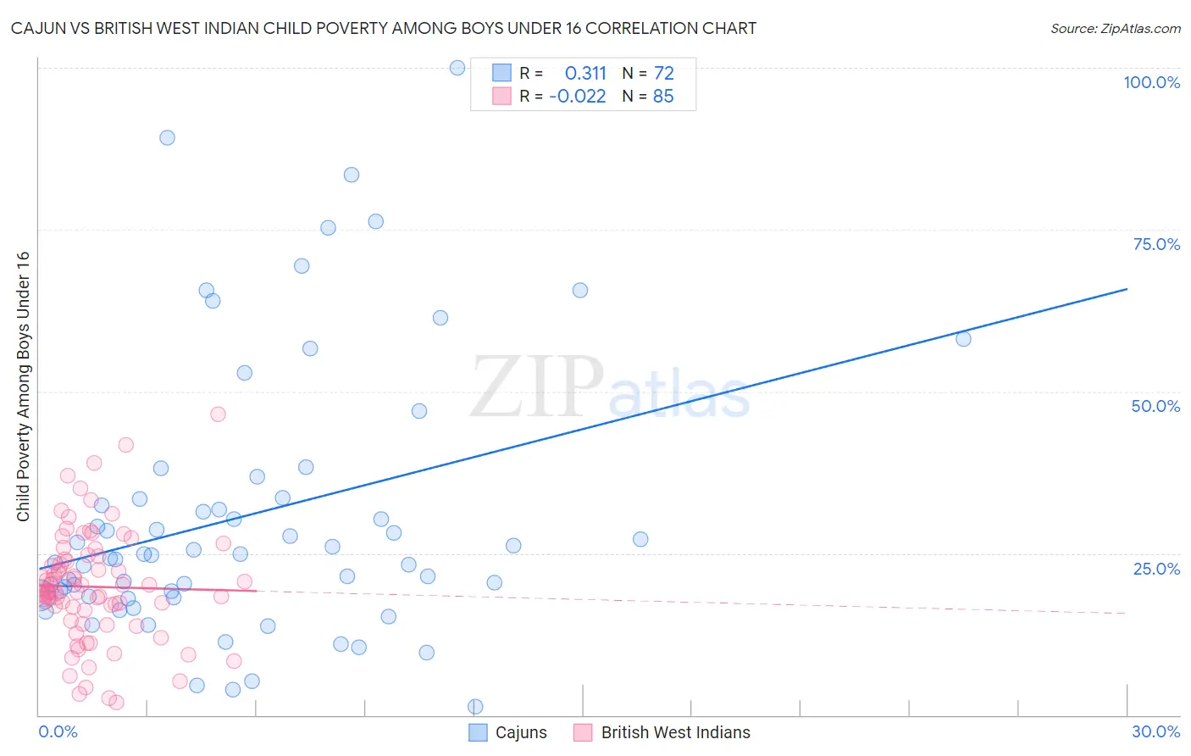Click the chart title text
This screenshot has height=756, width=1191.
(384, 28)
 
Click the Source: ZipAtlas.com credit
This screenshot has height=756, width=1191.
(1115, 28)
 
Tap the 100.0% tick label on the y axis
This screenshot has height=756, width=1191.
(1151, 82)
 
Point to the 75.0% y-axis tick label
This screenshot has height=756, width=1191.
(1156, 244)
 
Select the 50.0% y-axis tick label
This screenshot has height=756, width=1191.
(1155, 406)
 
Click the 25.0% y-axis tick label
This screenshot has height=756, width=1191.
(1156, 569)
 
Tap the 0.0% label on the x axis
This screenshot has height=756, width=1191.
(58, 731)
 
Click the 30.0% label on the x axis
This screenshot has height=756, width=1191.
(1155, 731)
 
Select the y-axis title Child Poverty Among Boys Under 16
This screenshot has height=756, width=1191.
(23, 386)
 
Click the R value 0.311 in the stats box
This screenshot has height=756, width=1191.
(585, 73)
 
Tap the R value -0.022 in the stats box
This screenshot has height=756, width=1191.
(578, 96)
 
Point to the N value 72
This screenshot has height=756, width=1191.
(663, 73)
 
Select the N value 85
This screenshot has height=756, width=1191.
(663, 96)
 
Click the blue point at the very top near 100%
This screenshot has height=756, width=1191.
(457, 68)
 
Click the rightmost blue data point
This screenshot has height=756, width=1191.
(963, 339)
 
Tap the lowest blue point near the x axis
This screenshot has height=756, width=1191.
(475, 707)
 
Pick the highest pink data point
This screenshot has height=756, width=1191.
(218, 414)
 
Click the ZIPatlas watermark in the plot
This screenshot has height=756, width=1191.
(610, 387)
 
